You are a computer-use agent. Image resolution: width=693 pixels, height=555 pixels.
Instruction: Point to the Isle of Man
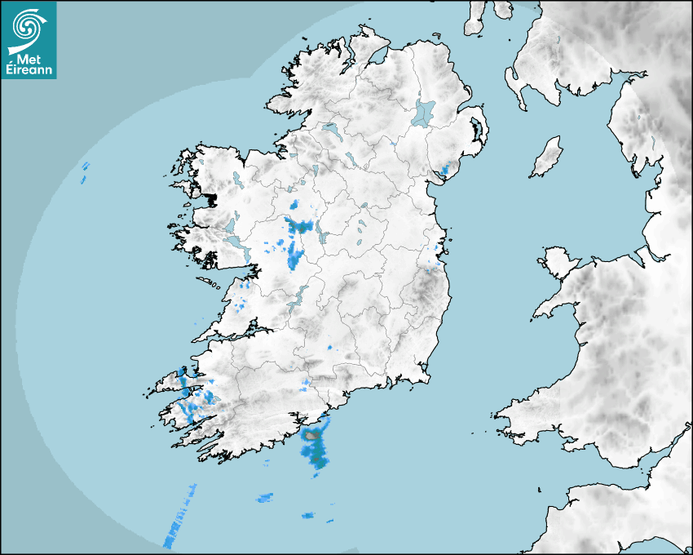pyautogui.click(x=546, y=158)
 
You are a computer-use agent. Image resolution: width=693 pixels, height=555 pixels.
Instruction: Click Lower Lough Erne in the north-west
pyautogui.click(x=330, y=129)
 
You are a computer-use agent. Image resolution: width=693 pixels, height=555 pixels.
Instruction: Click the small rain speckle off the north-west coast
pyautogui.click(x=84, y=172)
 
